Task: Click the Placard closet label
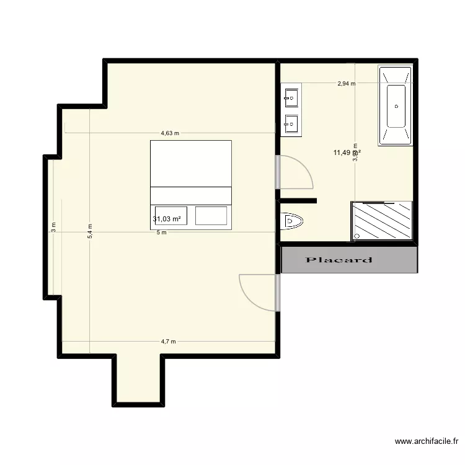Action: [339, 260]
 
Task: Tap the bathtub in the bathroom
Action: [396, 106]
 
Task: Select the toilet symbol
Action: [291, 220]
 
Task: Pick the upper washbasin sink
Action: [291, 97]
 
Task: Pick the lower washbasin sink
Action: [291, 123]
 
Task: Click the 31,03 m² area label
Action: [167, 219]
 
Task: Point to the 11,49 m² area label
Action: [347, 153]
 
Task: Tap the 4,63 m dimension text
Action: [169, 133]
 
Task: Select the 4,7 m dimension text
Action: [169, 342]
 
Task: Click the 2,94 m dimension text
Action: [346, 84]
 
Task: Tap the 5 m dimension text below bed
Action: [161, 233]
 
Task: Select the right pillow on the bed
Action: [211, 216]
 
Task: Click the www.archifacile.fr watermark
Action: [426, 442]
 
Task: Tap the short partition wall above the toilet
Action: [298, 200]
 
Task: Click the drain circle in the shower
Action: [358, 237]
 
